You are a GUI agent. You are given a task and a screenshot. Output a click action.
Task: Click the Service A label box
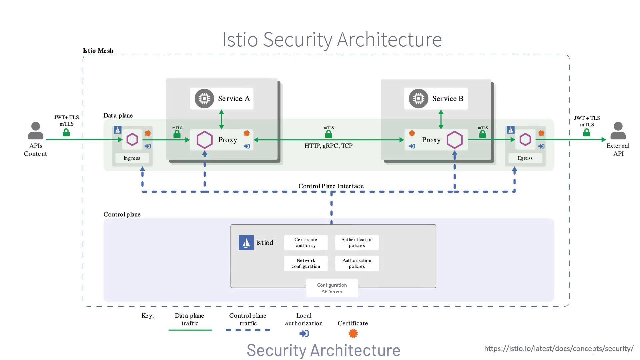coord(222,99)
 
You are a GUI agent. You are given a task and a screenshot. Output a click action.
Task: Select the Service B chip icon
coord(418,99)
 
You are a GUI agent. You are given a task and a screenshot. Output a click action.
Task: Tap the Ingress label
coord(132,158)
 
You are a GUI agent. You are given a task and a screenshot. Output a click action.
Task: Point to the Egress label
coord(525,158)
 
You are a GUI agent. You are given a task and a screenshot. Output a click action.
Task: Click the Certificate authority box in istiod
coord(306,243)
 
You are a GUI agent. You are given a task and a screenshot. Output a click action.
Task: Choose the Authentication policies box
coord(357,243)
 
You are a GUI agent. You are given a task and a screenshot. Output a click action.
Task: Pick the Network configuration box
coord(306,263)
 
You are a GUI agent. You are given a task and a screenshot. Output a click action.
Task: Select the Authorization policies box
coord(357,263)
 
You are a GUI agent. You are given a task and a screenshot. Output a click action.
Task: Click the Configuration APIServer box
coord(332,288)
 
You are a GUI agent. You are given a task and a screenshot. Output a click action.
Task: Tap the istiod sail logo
coord(246,243)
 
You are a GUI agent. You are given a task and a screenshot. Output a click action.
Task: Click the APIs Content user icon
coord(36,131)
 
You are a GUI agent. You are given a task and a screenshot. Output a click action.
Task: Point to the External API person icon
coord(618,131)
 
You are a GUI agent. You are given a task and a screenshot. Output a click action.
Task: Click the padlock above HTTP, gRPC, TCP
coord(329,134)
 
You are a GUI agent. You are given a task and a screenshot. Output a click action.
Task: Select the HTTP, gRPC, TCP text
coord(328,146)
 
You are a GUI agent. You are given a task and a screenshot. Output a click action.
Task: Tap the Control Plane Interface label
coord(331,186)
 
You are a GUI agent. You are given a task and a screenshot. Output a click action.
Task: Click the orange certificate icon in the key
coord(353,333)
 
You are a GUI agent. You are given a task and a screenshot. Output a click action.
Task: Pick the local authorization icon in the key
coord(304,333)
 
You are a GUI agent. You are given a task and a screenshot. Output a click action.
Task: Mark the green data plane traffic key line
coord(190,330)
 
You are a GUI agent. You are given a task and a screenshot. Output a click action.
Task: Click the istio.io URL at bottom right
coord(559,349)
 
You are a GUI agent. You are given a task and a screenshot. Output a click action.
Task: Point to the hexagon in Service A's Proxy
coord(205,140)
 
